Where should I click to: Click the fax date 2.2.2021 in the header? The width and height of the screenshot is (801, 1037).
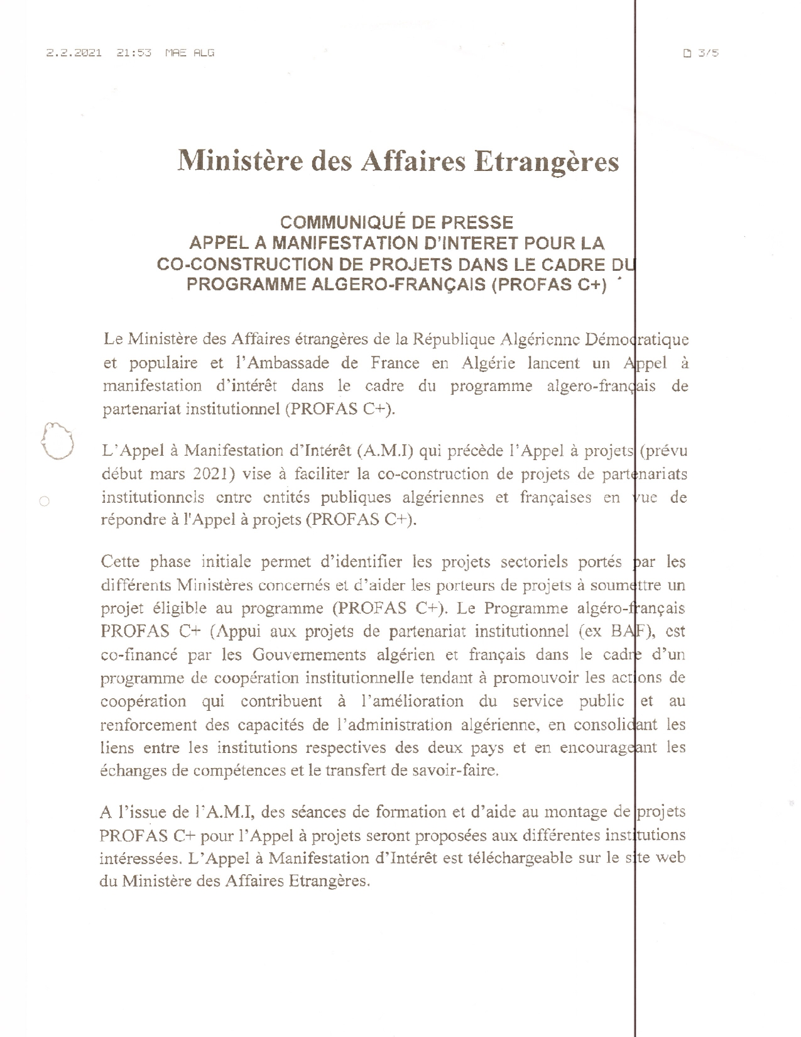[x=74, y=53]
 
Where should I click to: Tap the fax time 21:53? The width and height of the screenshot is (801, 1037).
[x=134, y=53]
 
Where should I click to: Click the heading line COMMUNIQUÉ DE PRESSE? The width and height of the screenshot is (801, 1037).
[x=396, y=222]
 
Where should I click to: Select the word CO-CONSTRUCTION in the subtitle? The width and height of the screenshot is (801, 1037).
[x=235, y=264]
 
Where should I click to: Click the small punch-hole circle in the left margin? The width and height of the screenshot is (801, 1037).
[x=44, y=501]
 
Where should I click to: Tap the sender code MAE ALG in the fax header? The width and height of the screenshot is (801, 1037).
[x=189, y=53]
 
